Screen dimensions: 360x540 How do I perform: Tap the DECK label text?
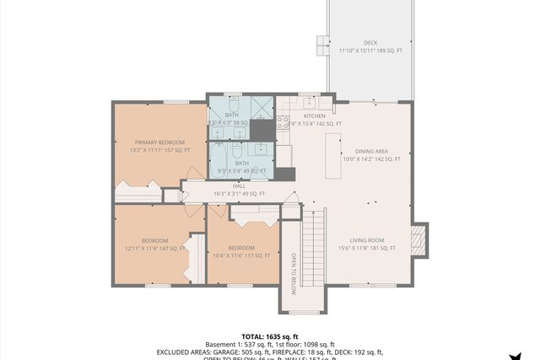click(x=370, y=42)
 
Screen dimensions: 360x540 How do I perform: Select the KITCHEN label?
click(x=315, y=116)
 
